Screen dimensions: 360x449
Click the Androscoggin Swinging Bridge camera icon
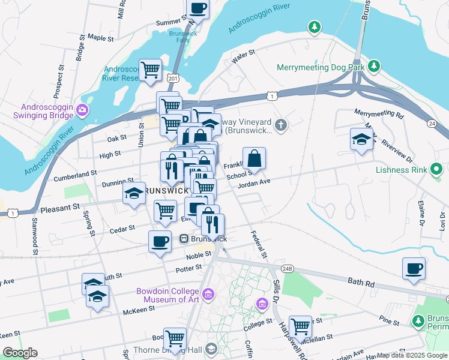[x=82, y=109]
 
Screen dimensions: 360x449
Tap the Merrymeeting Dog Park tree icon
[x=374, y=65]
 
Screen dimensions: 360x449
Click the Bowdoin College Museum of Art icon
[x=208, y=294]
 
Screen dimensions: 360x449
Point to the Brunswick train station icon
[x=185, y=239]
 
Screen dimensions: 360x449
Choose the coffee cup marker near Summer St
[x=198, y=8]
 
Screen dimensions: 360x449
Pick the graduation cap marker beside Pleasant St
[x=134, y=193]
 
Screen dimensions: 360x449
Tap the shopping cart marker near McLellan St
[x=300, y=326]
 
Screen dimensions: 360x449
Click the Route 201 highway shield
[x=173, y=78]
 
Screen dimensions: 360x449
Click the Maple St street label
[x=100, y=37]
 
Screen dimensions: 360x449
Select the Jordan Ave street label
[x=255, y=184]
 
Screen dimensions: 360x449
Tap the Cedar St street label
[x=122, y=229]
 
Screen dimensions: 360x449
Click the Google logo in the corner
[x=20, y=353]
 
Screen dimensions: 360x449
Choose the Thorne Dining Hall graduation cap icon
[x=211, y=349]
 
